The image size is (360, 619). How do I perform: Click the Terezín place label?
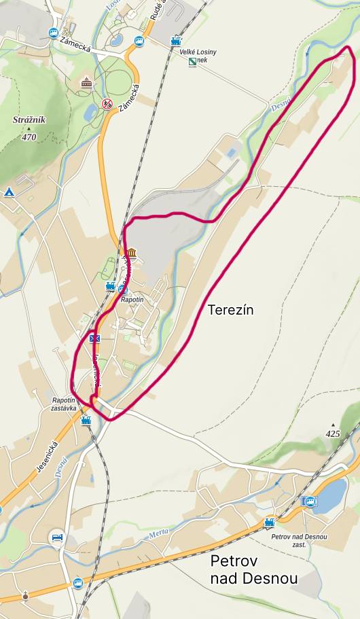coord(230,310)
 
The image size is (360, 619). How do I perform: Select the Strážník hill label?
coord(29,120)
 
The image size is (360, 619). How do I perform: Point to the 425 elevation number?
coord(332,434)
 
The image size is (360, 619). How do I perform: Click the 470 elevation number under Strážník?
coord(29,137)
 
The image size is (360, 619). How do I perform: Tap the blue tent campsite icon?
coord(10,192)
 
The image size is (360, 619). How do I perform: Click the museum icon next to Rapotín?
coord(130,254)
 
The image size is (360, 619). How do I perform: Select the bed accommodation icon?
coord(57,537)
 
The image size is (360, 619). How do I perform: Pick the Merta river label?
coord(157,536)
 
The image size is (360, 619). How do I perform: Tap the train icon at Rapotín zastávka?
coord(86,421)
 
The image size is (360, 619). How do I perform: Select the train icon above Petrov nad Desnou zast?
coord(270,523)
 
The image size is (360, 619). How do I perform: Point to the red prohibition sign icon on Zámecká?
coord(107,104)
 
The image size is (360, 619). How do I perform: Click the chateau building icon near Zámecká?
coord(86,84)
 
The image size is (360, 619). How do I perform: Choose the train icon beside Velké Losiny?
coord(176,41)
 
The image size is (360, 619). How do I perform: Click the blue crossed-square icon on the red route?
coord(95,338)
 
